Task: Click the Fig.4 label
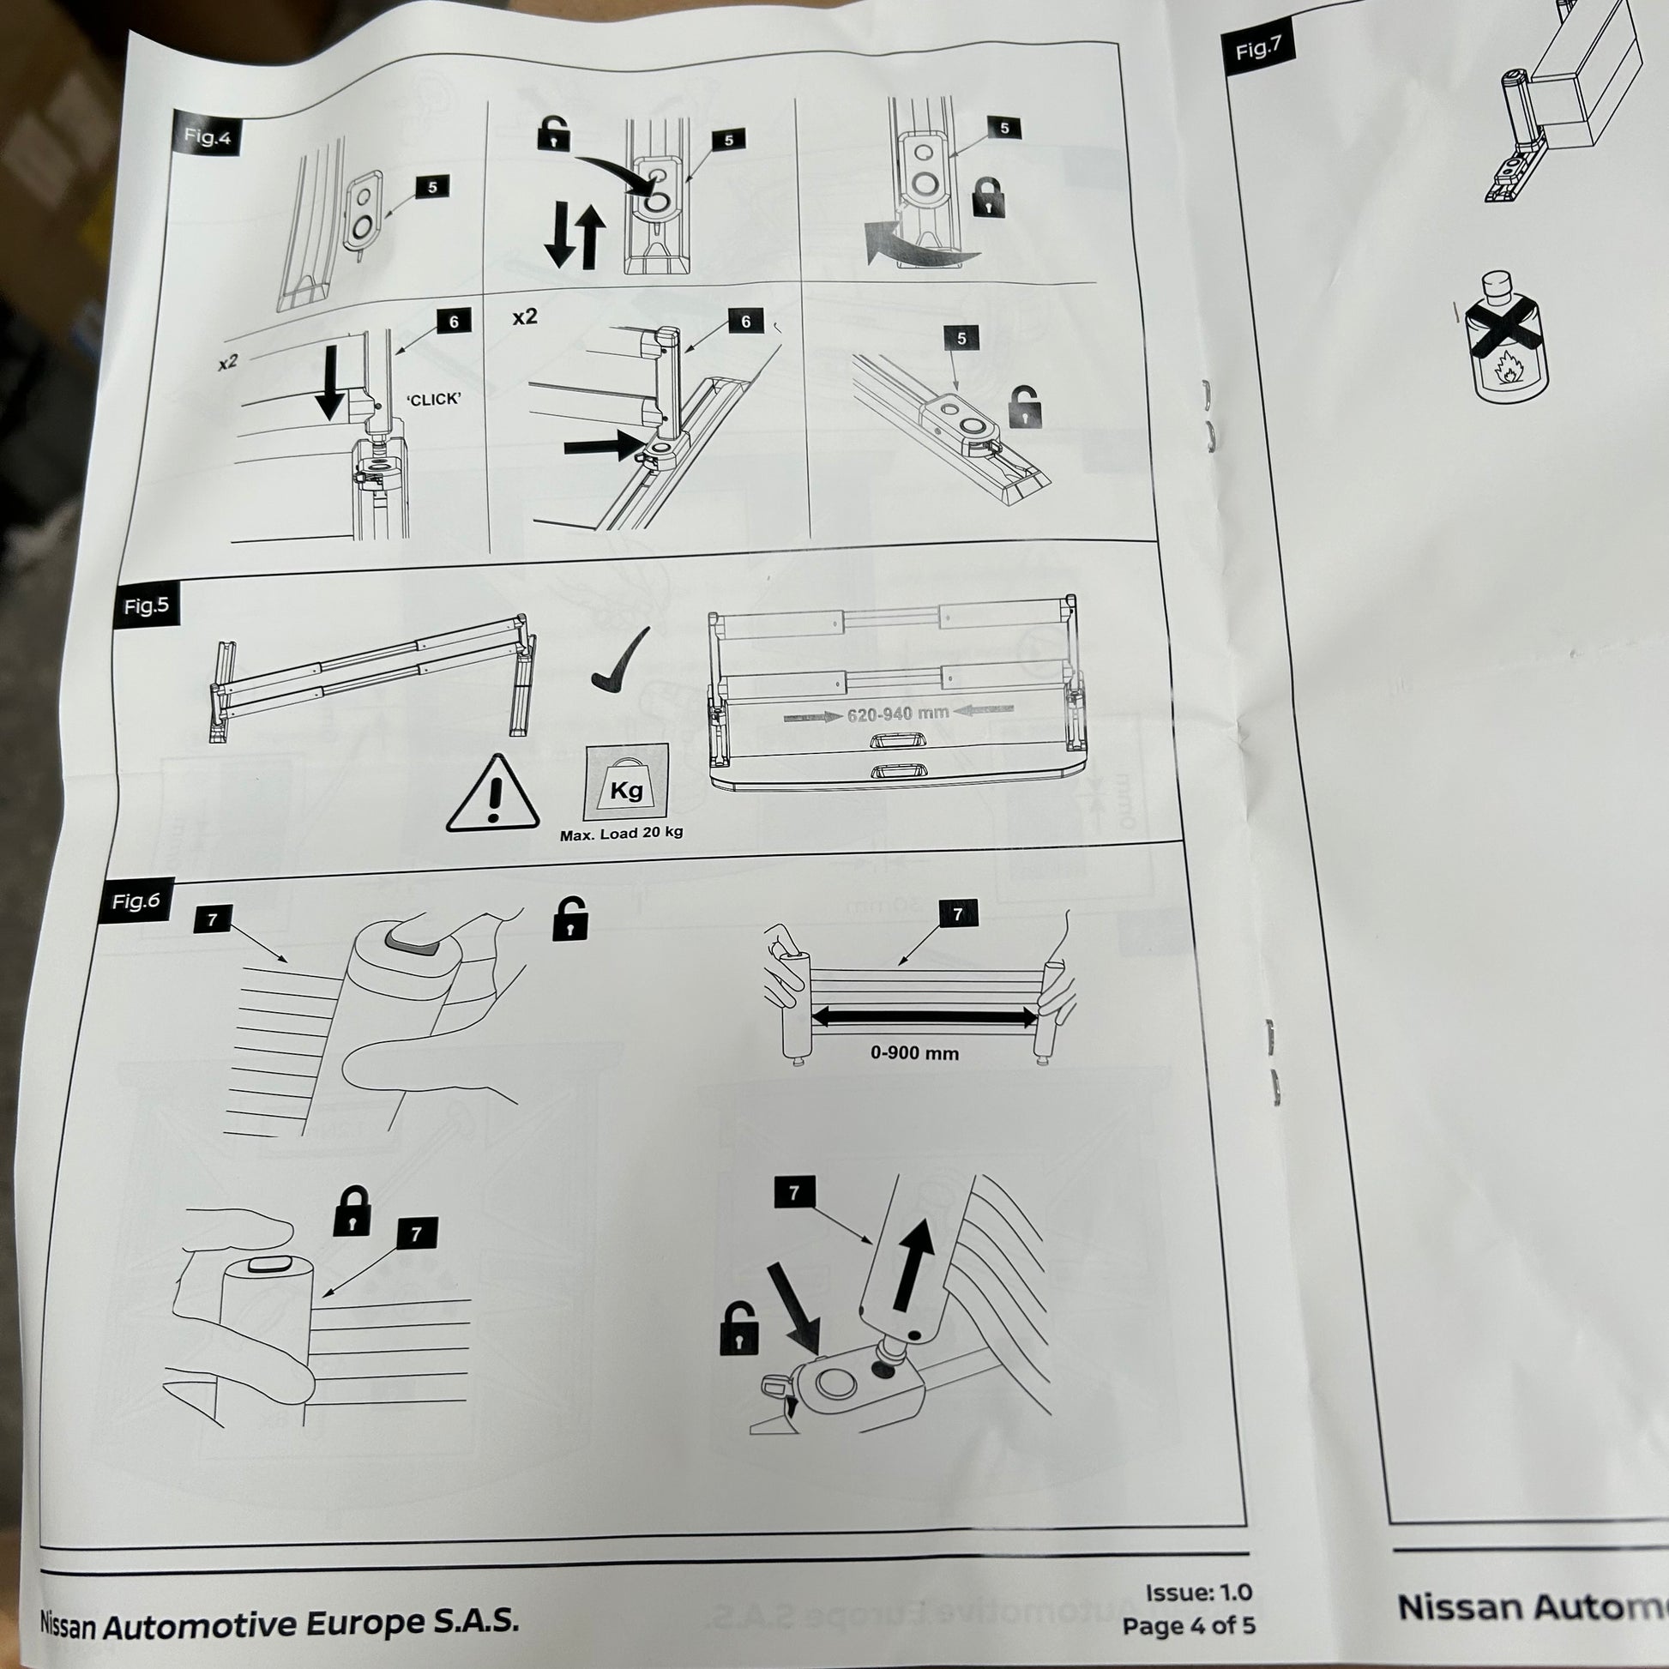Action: coord(207,136)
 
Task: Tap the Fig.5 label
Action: coord(145,606)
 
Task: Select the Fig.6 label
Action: coord(136,901)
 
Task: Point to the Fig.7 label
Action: coord(1258,49)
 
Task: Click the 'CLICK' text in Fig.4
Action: coord(434,399)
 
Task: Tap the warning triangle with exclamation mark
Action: coord(492,795)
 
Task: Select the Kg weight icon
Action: coord(625,784)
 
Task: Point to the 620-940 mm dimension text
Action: coord(898,714)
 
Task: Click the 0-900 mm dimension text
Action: coord(914,1053)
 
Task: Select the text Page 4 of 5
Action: coord(1188,1626)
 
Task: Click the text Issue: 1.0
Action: coord(1198,1592)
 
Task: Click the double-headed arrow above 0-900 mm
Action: coord(924,1017)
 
